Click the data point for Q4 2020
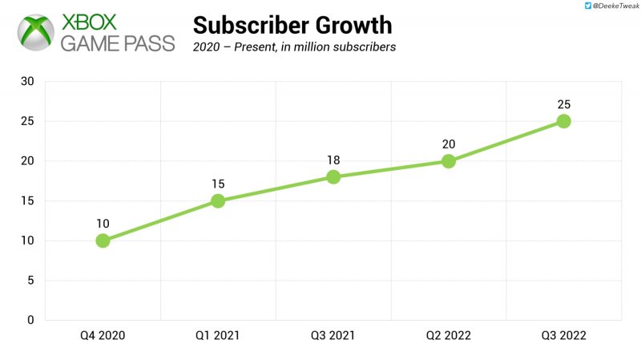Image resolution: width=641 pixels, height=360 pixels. (x=103, y=241)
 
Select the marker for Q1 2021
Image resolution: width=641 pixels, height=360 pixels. (x=218, y=200)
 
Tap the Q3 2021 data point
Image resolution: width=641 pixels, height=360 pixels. (x=333, y=176)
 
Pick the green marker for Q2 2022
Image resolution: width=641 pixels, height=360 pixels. (x=449, y=161)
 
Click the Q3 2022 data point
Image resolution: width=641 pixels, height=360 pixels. (x=563, y=121)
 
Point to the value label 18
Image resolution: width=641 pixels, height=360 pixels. (x=333, y=160)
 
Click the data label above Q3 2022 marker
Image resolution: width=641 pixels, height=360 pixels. (x=563, y=104)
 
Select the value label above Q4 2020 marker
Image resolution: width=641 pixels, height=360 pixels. (x=103, y=224)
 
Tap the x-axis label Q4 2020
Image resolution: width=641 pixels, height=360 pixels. (x=103, y=336)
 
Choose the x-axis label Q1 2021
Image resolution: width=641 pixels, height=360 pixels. (x=218, y=336)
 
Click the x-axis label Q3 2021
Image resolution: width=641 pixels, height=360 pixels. (x=333, y=336)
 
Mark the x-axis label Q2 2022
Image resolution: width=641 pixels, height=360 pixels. (x=449, y=336)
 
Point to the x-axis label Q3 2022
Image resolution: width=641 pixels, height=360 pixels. (x=563, y=336)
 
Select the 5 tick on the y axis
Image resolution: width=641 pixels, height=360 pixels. (x=30, y=281)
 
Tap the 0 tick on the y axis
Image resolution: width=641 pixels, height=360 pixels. (x=30, y=320)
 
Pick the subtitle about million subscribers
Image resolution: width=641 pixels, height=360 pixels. (x=294, y=47)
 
